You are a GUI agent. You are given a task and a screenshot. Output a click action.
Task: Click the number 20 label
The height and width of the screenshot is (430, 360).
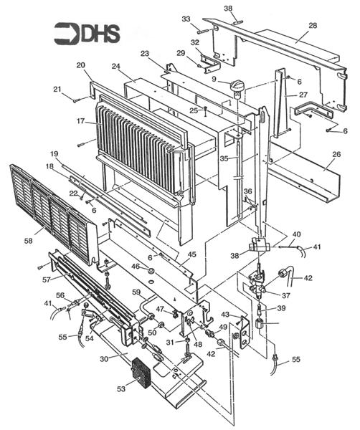coord(80,65)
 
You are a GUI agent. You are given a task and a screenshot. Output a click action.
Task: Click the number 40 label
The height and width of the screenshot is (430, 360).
coord(296,234)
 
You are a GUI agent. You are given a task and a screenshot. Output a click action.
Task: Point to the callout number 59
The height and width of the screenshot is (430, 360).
coord(136,292)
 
